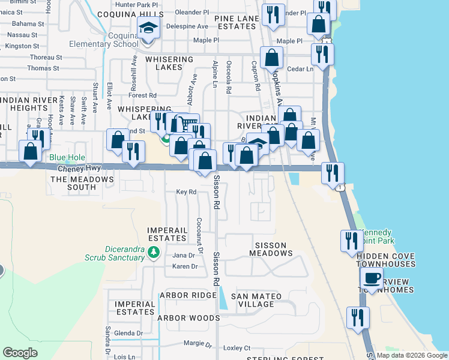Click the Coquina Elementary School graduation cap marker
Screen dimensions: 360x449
point(148,28)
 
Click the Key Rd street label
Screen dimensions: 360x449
point(186,192)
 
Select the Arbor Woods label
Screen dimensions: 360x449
point(188,318)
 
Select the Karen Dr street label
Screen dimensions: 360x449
point(185,266)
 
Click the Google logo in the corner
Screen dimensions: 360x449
point(20,353)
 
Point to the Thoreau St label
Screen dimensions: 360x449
point(41,57)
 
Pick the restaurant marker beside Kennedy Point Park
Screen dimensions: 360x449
point(350,241)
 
